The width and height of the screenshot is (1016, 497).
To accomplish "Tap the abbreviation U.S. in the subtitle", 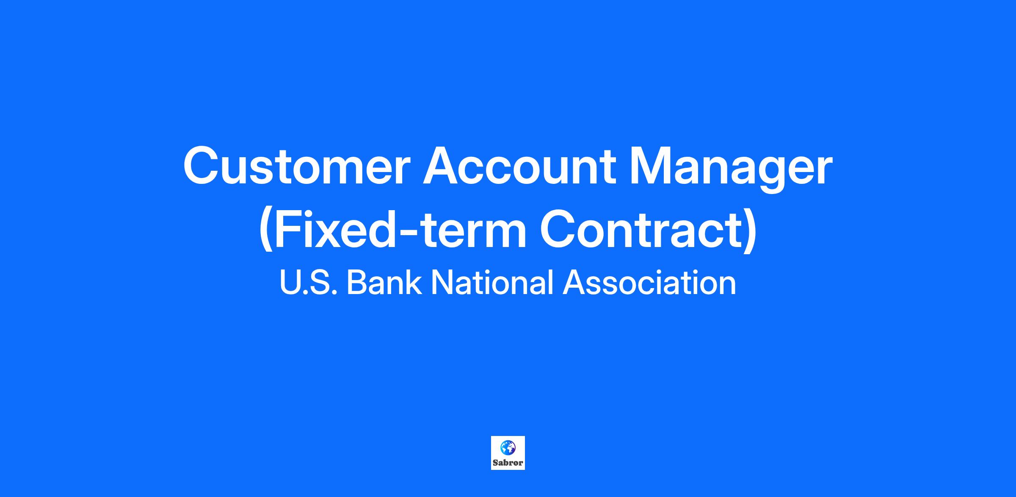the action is [308, 282].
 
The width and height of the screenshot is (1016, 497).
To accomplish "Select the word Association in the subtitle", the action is [649, 282].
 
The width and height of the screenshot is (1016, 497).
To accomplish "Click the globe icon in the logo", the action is [508, 447].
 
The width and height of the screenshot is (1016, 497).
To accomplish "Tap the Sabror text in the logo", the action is [508, 463].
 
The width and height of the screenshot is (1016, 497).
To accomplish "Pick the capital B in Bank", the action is [356, 282].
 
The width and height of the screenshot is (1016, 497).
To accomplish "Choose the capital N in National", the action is [442, 282].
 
